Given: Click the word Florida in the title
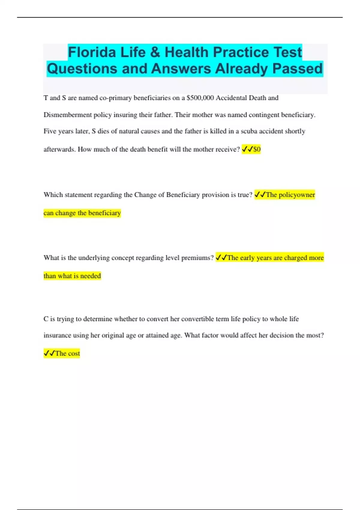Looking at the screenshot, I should point(92,52).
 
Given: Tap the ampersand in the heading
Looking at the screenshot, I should point(155,52).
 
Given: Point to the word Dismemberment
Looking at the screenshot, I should point(67,115).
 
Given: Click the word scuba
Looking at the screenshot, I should point(249,131).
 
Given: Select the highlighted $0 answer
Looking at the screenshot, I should point(257,149).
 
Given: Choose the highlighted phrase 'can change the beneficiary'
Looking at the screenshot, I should point(82,213).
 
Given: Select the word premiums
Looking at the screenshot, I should point(197,258).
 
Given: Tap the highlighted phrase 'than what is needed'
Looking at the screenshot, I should point(72,276).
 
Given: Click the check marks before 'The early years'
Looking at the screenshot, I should point(221,258).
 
